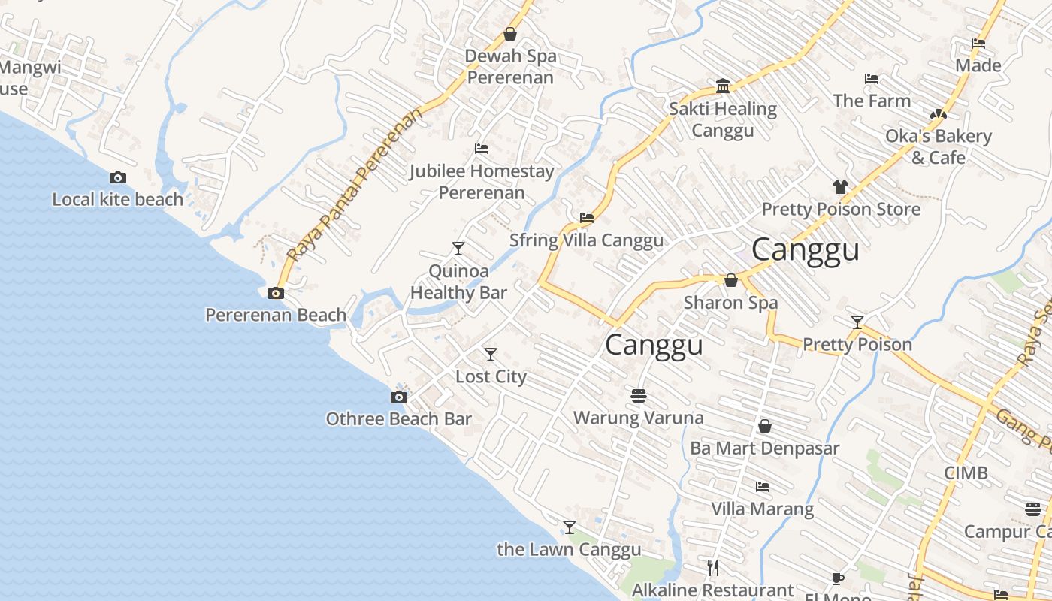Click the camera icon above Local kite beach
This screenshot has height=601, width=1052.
click(118, 178)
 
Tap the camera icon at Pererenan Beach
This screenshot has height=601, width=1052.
click(276, 294)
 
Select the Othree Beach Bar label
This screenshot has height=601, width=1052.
click(398, 419)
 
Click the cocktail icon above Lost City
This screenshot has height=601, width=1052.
click(491, 354)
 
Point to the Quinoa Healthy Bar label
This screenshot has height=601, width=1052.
click(458, 282)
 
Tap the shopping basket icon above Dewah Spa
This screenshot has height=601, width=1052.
click(510, 34)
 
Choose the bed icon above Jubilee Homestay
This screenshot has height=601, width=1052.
click(482, 149)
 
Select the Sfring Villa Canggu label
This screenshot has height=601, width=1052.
click(586, 240)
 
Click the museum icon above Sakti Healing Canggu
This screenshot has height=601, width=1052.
click(723, 86)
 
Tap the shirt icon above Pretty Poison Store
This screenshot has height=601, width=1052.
click(840, 186)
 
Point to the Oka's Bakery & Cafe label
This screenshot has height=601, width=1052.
click(938, 146)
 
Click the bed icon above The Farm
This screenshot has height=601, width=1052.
click(872, 78)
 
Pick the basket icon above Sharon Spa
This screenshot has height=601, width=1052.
click(730, 280)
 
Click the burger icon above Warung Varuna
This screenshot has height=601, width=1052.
click(639, 395)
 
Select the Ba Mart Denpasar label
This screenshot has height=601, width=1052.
click(764, 448)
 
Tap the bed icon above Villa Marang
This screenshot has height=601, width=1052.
click(763, 486)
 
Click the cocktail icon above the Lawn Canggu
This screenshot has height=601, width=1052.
click(570, 527)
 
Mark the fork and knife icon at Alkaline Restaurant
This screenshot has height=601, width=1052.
click(713, 567)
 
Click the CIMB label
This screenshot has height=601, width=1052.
click(966, 473)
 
